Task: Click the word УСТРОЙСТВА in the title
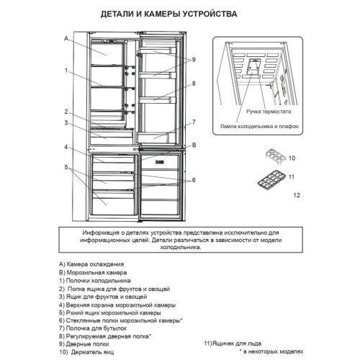tap(210, 14)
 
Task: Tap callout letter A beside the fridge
tap(66, 38)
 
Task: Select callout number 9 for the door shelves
tap(194, 60)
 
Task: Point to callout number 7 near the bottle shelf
tap(194, 122)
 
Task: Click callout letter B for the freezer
tap(194, 145)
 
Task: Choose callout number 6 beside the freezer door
tap(194, 180)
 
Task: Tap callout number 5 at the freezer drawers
tap(66, 167)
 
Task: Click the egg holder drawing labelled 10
tap(276, 156)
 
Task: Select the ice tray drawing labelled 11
tap(272, 179)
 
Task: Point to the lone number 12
tap(297, 195)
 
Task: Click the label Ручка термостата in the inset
tap(269, 112)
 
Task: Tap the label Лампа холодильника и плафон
tap(259, 126)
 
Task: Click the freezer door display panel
tap(159, 163)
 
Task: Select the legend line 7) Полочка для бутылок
tap(93, 328)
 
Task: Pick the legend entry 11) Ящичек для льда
tap(233, 343)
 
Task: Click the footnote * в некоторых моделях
tap(271, 352)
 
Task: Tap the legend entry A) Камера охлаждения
tap(91, 264)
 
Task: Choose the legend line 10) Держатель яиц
tap(86, 352)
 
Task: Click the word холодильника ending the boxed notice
tap(181, 247)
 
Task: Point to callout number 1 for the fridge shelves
tap(66, 71)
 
